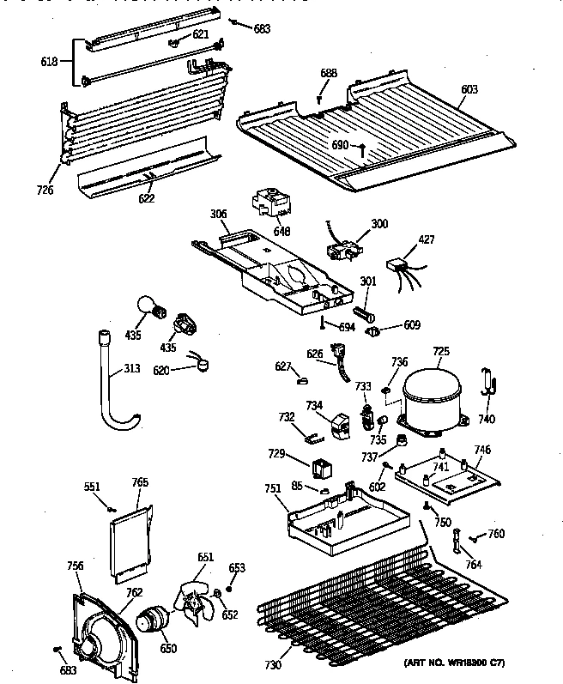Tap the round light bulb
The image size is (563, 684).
click(148, 306)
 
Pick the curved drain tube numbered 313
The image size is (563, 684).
click(116, 387)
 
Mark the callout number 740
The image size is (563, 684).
click(487, 419)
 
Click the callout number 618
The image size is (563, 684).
click(51, 62)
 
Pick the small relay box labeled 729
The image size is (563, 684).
click(323, 469)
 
